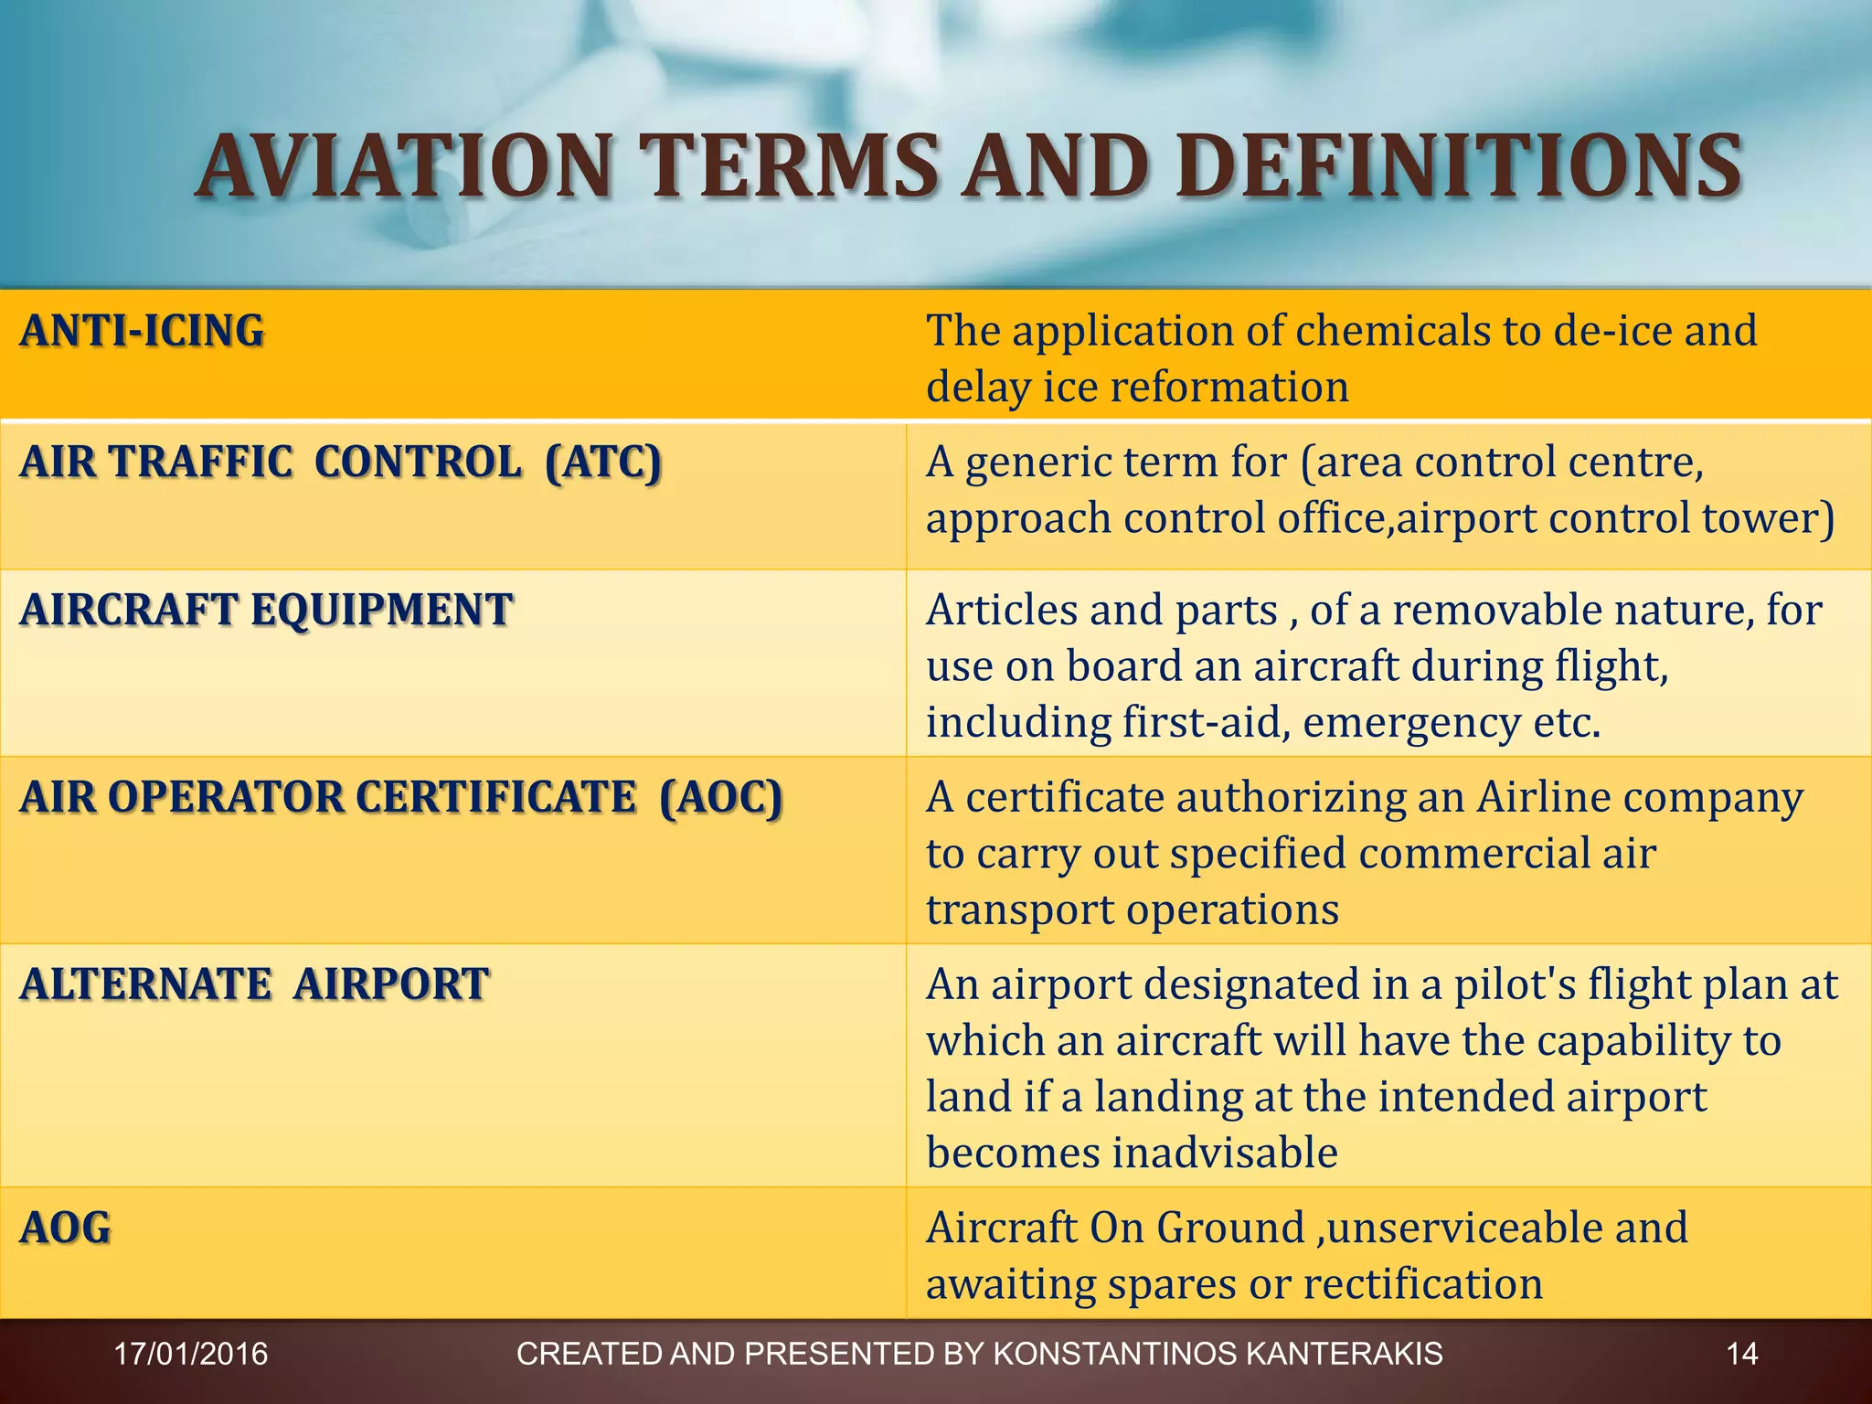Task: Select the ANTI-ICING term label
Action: (142, 331)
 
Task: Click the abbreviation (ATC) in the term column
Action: (602, 462)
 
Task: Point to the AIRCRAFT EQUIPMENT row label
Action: (266, 610)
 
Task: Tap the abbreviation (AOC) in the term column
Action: (721, 797)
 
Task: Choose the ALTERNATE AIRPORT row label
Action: (254, 984)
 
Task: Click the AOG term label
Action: (65, 1228)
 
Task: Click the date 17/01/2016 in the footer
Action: (190, 1354)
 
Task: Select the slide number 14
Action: (1741, 1354)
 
